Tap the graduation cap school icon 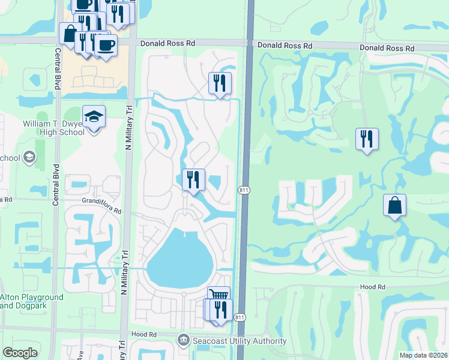[x=94, y=116]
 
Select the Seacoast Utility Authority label [x=239, y=341]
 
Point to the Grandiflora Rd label [x=102, y=211]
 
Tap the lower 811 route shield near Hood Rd [x=240, y=316]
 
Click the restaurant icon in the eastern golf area [x=366, y=139]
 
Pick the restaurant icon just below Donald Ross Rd [x=220, y=82]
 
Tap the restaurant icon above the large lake [x=193, y=179]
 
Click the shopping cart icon [x=218, y=295]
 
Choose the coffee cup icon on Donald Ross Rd [x=106, y=45]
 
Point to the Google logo [x=19, y=352]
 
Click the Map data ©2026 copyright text [x=423, y=355]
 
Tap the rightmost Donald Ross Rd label [x=387, y=47]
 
